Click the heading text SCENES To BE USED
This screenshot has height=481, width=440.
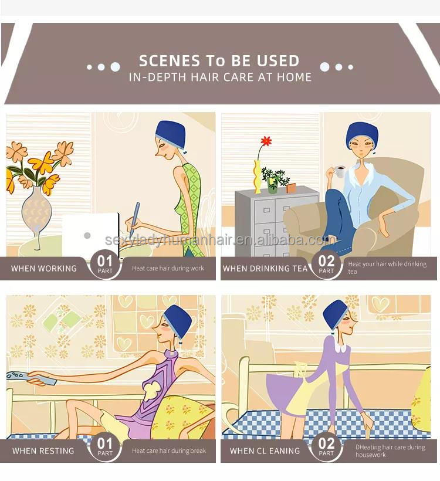(219, 61)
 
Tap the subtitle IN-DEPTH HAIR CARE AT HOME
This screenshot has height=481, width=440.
(221, 77)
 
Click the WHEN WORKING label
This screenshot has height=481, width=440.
(44, 269)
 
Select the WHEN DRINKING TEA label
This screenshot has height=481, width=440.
(265, 269)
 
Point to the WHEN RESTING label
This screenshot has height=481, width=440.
(43, 450)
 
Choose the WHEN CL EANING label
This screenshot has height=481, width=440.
(265, 450)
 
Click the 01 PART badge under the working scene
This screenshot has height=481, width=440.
(105, 265)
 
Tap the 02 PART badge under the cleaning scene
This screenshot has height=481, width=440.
(326, 446)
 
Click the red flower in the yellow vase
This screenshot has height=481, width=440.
(266, 141)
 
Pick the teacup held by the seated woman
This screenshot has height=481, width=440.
(340, 171)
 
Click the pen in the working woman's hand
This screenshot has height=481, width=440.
(134, 219)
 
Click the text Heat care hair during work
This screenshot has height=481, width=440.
(168, 269)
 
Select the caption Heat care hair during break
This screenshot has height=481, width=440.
(169, 450)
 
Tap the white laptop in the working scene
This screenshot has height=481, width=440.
(91, 235)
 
